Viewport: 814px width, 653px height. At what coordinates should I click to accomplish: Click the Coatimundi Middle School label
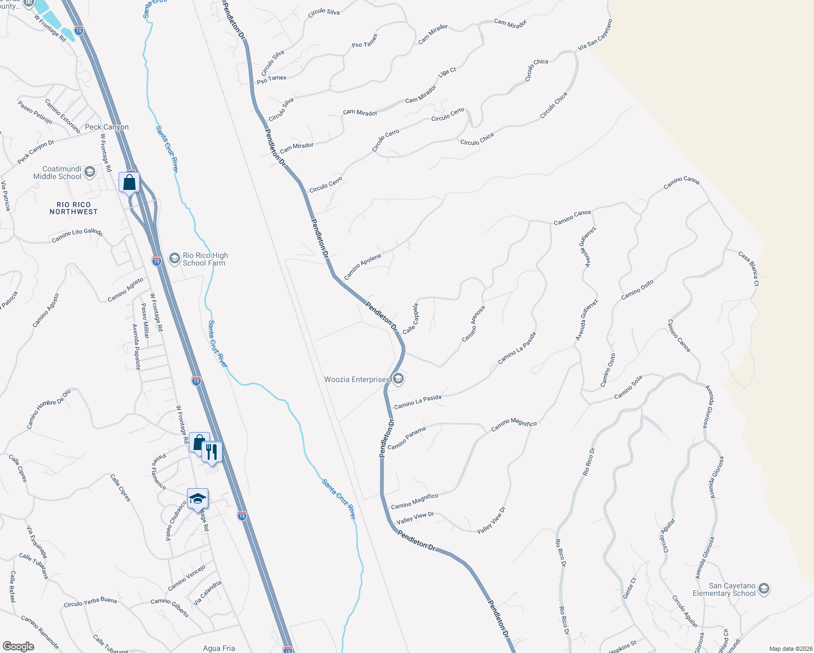57,173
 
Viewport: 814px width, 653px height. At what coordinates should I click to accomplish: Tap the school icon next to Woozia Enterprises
398,379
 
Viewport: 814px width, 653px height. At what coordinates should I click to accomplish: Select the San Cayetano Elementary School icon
764,589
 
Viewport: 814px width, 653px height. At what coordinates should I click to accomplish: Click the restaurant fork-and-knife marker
212,451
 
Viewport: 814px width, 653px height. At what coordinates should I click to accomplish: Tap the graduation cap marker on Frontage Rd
198,498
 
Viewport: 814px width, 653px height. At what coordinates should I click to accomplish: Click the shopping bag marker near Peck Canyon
129,182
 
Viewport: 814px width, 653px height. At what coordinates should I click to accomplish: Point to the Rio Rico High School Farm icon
175,258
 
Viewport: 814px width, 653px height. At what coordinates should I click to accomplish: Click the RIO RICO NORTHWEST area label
73,208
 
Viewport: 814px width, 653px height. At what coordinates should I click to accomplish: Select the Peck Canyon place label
107,127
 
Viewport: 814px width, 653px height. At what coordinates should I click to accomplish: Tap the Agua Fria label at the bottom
219,648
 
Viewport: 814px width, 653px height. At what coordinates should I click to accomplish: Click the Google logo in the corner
18,646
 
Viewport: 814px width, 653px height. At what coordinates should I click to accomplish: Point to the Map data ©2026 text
789,649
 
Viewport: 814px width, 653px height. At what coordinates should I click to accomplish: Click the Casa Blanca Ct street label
749,269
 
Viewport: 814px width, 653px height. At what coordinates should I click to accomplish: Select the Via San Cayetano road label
595,35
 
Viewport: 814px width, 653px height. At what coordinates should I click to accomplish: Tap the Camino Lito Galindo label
77,236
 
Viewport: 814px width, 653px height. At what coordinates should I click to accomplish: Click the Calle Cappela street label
411,319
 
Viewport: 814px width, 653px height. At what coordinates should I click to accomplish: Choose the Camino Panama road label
406,438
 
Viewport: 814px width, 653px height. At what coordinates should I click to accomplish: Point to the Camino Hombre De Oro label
49,409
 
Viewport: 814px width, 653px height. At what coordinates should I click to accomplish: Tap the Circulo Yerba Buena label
90,602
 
